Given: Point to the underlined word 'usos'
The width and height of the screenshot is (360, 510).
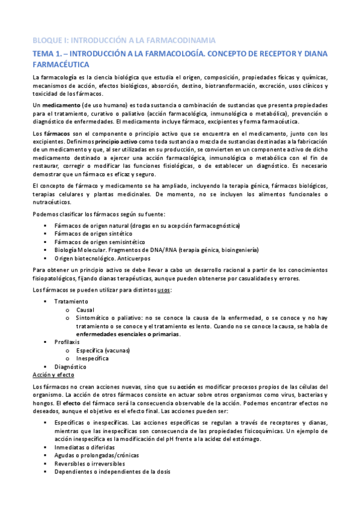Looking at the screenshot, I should pos(163,290).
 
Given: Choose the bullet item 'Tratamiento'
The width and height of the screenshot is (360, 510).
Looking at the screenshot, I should pos(70,301).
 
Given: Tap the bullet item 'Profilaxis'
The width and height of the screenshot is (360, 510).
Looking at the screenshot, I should pos(67,342).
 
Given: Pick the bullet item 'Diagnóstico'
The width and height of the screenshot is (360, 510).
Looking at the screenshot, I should pos(70,366).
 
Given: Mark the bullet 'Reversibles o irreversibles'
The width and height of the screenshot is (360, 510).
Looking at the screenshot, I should pos(89,464).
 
